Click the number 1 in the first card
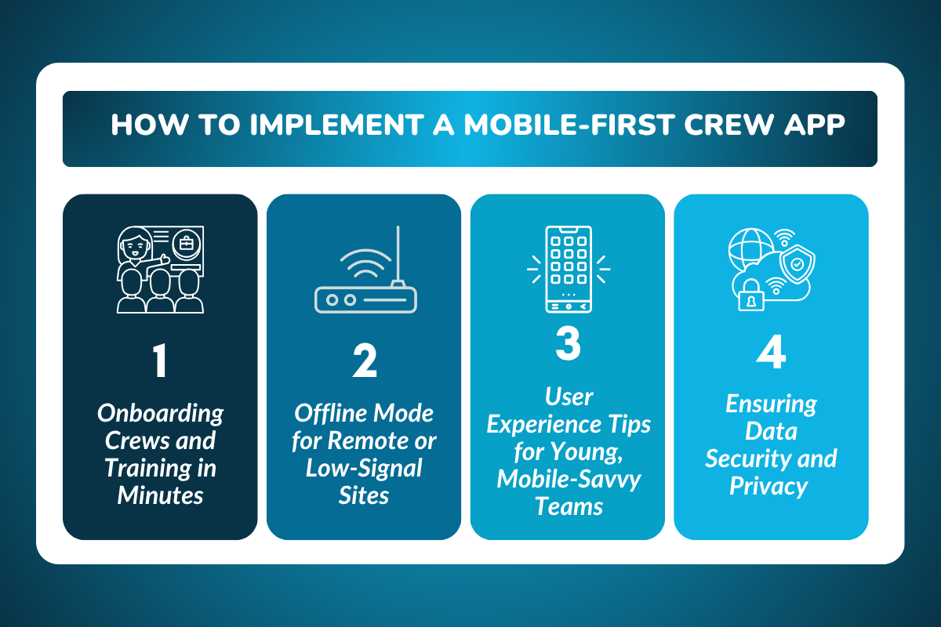[160, 362]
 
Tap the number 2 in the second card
[364, 362]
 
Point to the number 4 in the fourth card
[771, 354]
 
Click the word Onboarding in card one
[160, 414]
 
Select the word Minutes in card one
[160, 495]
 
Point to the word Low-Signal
[364, 469]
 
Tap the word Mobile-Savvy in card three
[569, 479]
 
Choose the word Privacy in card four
[768, 486]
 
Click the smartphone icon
[569, 268]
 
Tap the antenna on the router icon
[398, 255]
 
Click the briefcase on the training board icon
[187, 244]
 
